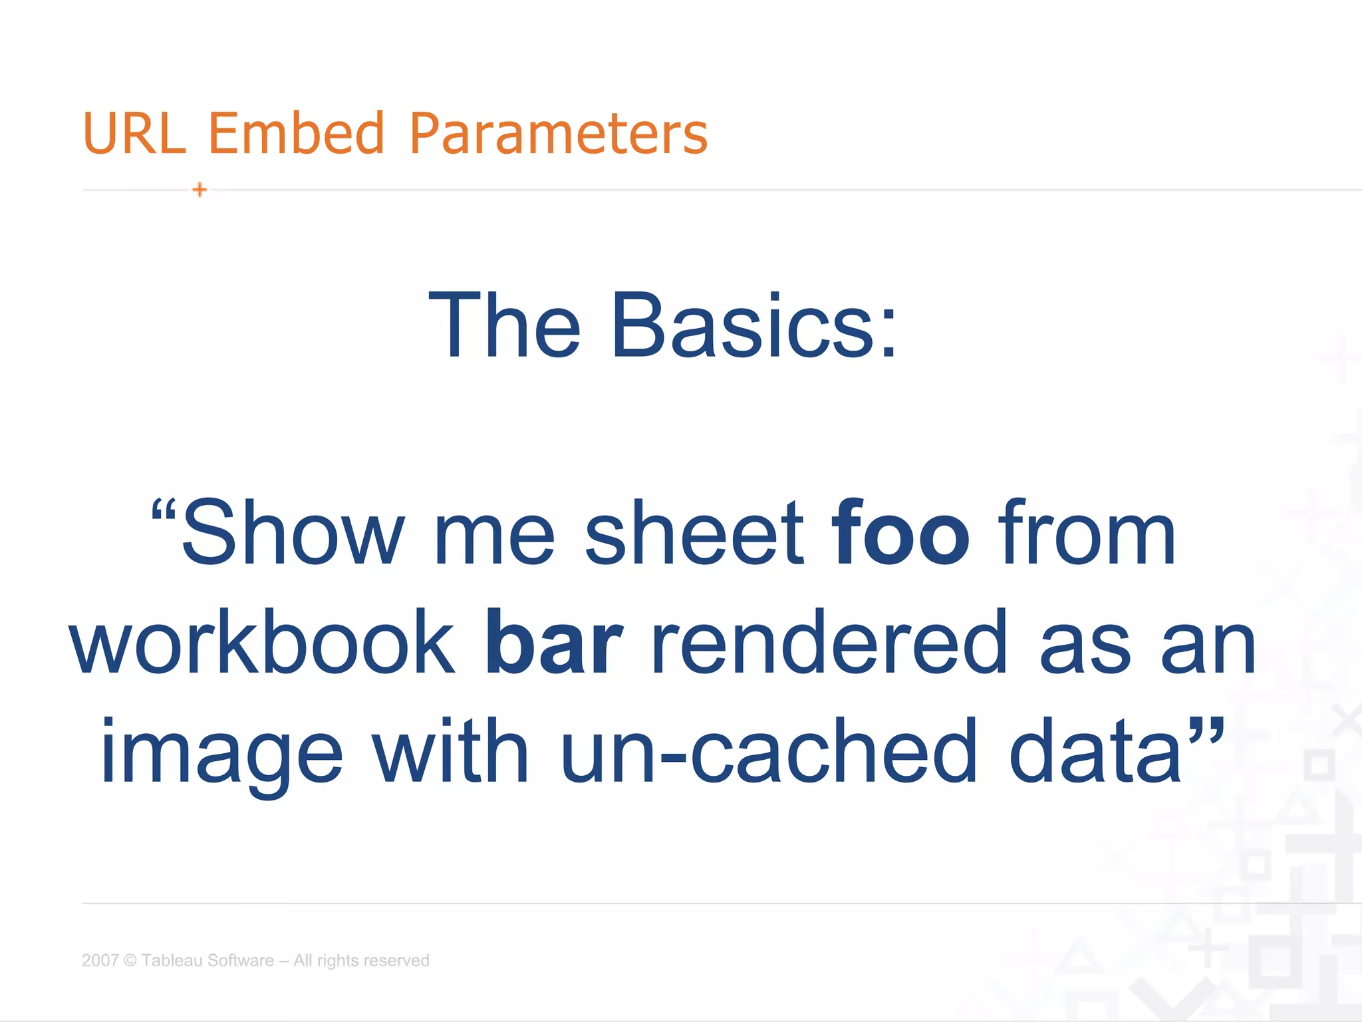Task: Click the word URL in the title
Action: (x=134, y=133)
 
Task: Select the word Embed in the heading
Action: (x=297, y=133)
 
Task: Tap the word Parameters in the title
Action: (x=559, y=133)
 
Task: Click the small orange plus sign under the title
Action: (x=200, y=190)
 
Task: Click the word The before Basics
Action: (x=505, y=326)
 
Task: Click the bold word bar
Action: (x=554, y=643)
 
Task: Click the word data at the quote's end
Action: (x=1095, y=752)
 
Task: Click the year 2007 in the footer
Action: (x=100, y=960)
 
